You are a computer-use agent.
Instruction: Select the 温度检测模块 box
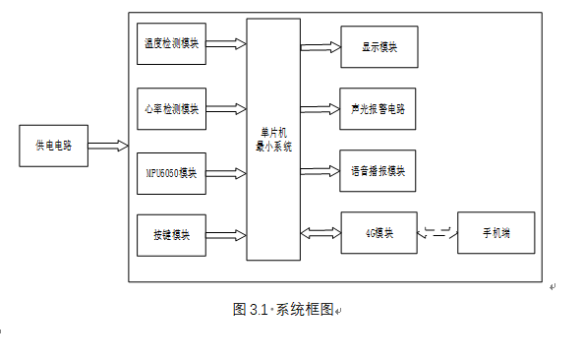point(171,44)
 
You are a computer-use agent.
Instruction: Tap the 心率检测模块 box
point(171,108)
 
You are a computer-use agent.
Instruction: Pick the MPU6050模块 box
point(171,173)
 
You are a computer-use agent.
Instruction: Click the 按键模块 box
point(171,236)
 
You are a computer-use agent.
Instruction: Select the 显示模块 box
point(378,46)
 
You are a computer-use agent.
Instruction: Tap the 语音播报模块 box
point(378,170)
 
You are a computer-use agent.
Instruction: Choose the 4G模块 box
point(378,233)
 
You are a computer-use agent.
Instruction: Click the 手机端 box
point(495,233)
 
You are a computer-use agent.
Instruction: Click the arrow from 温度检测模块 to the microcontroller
point(226,44)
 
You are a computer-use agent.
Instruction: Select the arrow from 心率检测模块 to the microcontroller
point(226,108)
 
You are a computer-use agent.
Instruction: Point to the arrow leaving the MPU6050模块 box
point(226,173)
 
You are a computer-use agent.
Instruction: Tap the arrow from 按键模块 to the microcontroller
point(226,236)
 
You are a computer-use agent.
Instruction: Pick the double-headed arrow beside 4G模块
point(320,233)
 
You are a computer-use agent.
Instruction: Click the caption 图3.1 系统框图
point(283,309)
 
